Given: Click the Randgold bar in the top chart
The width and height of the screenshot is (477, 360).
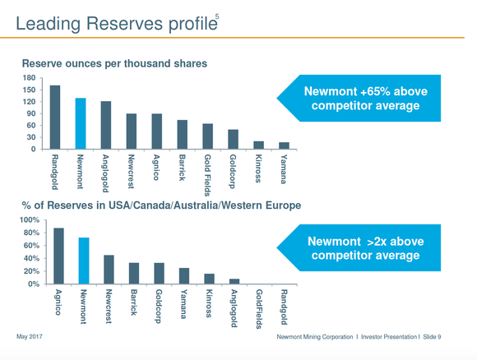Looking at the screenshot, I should click(x=55, y=118).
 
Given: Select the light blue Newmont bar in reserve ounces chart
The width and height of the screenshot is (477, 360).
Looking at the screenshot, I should click(x=81, y=124).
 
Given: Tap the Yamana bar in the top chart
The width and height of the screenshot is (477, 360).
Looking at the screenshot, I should click(x=284, y=145).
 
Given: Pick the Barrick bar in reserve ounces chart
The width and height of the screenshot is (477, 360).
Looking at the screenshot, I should click(x=182, y=135).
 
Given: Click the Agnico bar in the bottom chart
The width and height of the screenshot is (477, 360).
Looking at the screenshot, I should click(x=58, y=256).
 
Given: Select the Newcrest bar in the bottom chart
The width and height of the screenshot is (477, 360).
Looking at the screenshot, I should click(x=109, y=270).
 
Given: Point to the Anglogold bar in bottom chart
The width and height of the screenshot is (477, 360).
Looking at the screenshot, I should click(x=234, y=281).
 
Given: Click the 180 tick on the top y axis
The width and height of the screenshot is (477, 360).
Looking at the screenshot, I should click(x=30, y=79).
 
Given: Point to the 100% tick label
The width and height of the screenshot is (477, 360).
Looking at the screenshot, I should click(x=28, y=220).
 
